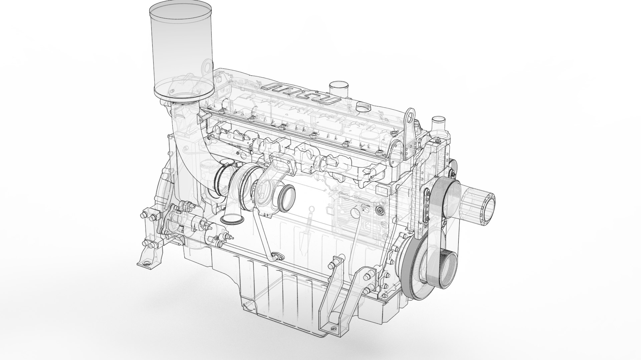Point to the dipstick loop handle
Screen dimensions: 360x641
coord(311,209)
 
